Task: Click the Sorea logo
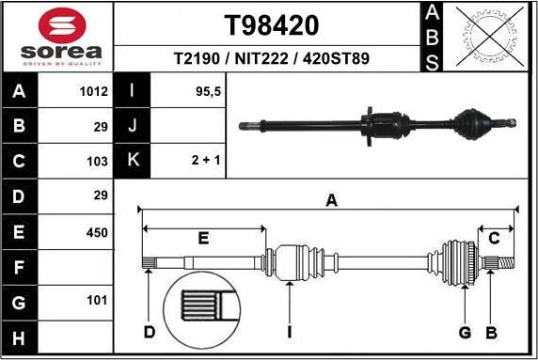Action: [58, 36]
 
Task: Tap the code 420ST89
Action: [334, 58]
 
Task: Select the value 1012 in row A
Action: [94, 92]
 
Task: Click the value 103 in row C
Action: [98, 162]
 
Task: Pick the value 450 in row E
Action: [97, 231]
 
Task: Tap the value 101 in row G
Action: [97, 302]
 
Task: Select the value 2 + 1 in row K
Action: [205, 162]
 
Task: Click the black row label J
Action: [132, 127]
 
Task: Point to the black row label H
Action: [20, 337]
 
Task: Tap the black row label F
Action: [20, 267]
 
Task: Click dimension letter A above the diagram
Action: [330, 199]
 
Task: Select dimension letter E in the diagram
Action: [203, 239]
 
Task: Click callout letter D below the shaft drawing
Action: [149, 332]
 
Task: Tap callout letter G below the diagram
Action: [464, 332]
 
